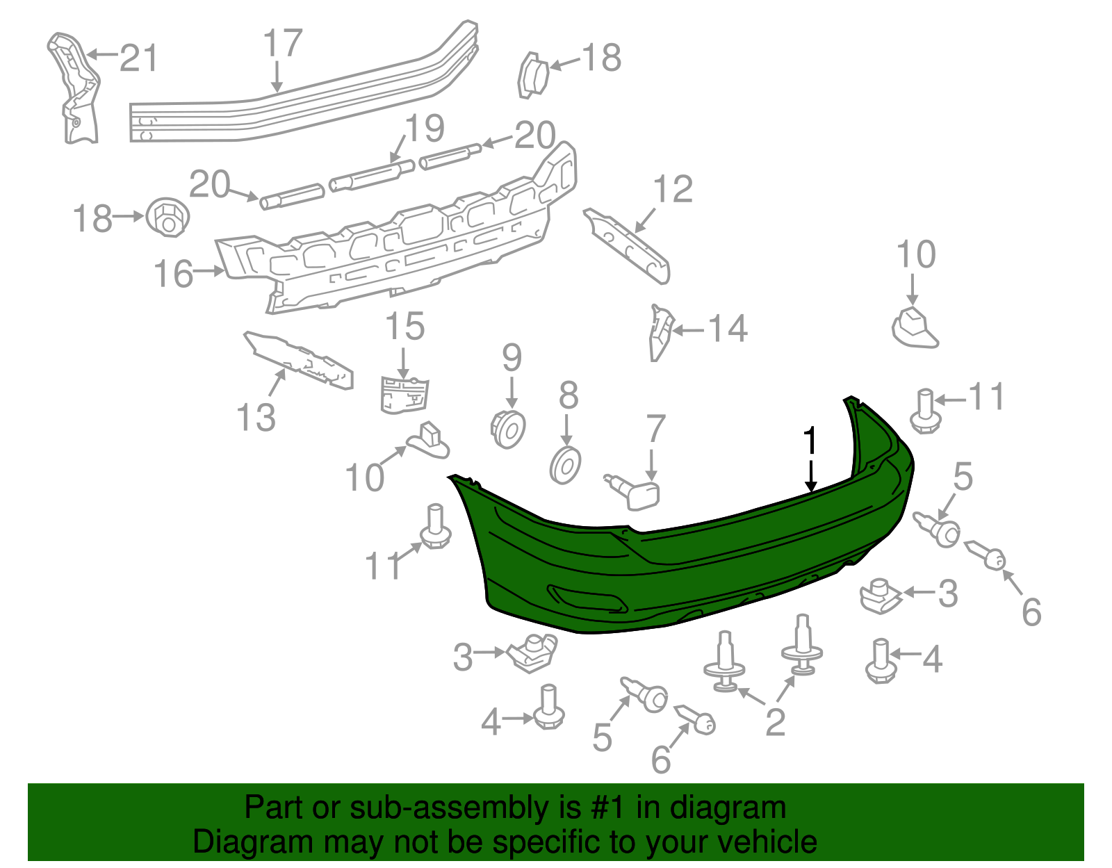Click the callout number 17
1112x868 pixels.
[x=283, y=43]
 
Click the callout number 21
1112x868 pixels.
[x=139, y=58]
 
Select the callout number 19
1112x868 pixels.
[x=425, y=129]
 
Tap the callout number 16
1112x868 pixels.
[x=173, y=274]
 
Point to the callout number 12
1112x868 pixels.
[x=673, y=189]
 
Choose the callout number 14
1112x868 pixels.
[x=728, y=329]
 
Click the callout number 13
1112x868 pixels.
[x=256, y=418]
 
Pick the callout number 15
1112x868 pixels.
[x=404, y=326]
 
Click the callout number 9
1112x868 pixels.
[x=512, y=358]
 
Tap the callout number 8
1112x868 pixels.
[x=568, y=395]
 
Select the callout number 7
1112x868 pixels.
[x=655, y=429]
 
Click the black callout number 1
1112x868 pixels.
[x=810, y=441]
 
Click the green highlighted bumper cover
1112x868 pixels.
[x=695, y=570]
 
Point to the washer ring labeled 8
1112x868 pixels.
[x=566, y=466]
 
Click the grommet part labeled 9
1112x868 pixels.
[x=509, y=428]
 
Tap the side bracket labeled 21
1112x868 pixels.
[x=75, y=90]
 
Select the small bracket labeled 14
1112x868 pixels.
[x=660, y=332]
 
